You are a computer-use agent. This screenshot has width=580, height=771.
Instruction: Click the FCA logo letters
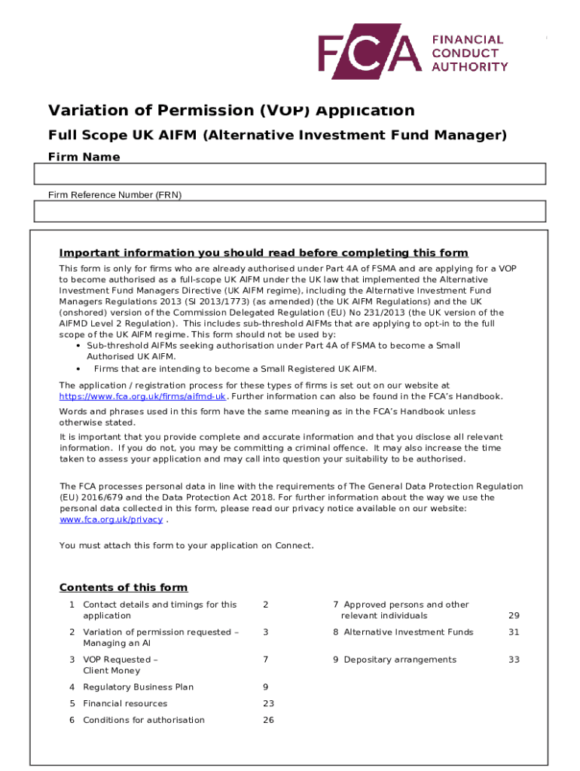tap(368, 53)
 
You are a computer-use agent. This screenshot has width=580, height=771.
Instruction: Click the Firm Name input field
tap(288, 175)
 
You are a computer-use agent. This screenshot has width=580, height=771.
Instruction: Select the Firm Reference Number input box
tap(288, 212)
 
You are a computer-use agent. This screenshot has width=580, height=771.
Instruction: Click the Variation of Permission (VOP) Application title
tap(231, 111)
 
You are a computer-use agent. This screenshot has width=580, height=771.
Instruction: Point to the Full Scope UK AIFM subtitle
tap(277, 136)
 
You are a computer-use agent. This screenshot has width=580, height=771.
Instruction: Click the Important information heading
tap(264, 253)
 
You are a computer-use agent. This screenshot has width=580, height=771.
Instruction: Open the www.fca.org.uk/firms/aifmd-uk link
tap(142, 396)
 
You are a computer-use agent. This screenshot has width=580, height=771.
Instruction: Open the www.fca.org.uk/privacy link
tap(111, 520)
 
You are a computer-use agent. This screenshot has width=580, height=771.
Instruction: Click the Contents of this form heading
tap(124, 587)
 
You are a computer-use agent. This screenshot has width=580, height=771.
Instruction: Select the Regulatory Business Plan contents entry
tap(138, 687)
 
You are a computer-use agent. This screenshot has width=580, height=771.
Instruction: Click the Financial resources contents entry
tap(125, 703)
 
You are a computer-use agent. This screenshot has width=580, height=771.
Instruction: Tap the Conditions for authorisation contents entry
tap(143, 720)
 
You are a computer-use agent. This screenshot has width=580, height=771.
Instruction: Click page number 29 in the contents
tap(514, 615)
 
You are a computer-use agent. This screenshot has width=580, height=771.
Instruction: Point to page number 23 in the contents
tap(268, 703)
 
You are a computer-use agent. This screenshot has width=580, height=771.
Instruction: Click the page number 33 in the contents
tap(514, 660)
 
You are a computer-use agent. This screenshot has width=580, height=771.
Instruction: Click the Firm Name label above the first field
tap(84, 157)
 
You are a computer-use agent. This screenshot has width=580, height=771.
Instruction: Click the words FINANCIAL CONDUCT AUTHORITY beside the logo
tap(467, 53)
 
